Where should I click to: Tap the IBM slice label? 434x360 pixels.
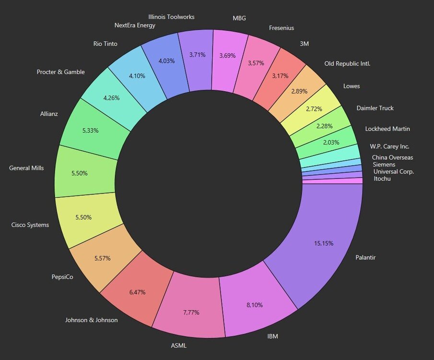(x=272, y=337)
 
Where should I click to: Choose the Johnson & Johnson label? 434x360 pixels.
(x=91, y=320)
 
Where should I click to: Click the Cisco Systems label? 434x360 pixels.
(x=30, y=225)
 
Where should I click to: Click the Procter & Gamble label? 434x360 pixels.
(x=60, y=72)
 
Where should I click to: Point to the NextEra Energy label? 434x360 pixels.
(x=135, y=25)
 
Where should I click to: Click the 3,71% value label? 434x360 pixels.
(x=197, y=55)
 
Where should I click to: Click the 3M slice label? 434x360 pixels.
(x=304, y=43)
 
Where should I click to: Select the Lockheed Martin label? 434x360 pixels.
(x=387, y=129)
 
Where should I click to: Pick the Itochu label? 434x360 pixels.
(x=382, y=179)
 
